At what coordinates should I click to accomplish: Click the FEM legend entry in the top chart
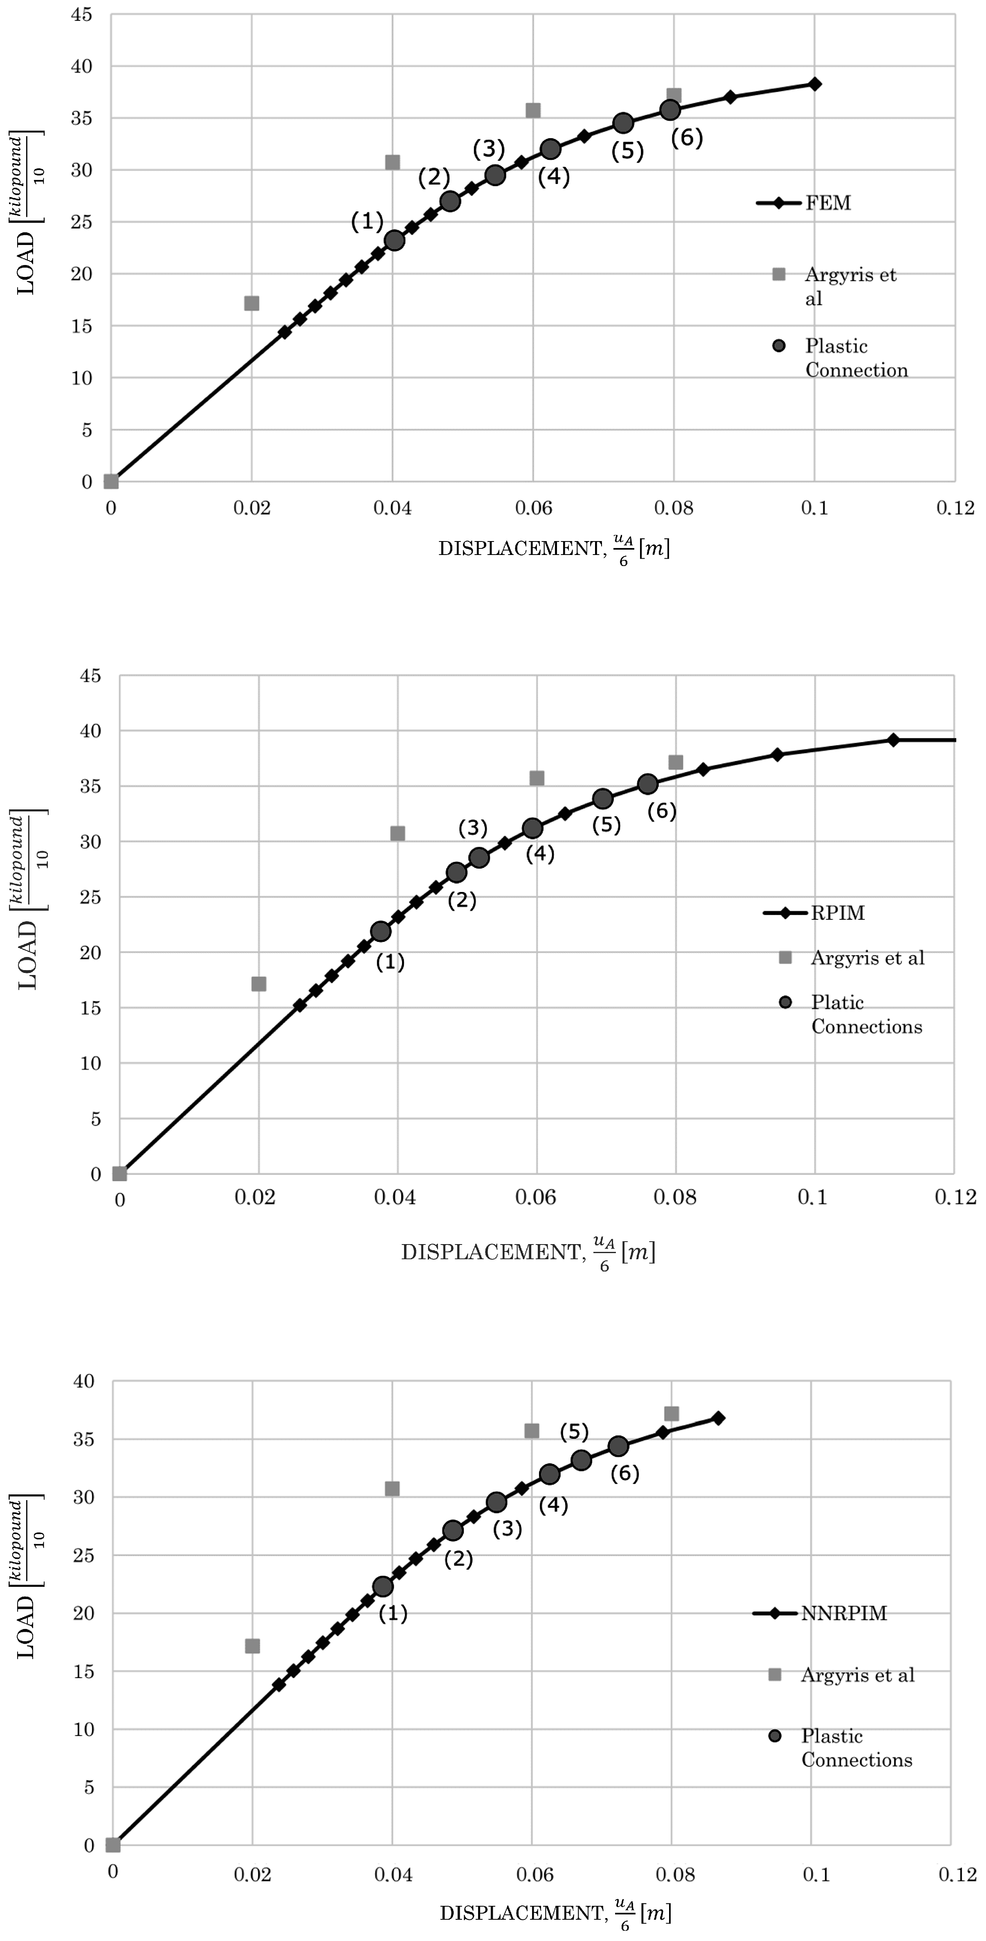(827, 203)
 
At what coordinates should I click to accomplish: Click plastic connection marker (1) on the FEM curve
(394, 240)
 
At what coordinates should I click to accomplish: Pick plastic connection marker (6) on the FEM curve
(669, 110)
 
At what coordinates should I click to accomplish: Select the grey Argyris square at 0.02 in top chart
(252, 303)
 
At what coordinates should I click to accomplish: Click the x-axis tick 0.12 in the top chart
(955, 508)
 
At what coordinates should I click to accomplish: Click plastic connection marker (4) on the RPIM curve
(532, 828)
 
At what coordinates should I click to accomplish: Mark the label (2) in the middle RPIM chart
(462, 900)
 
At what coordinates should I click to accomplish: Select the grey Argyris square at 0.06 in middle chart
(536, 777)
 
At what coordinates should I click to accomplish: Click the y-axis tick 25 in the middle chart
(90, 896)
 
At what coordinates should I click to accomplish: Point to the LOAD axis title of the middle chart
(29, 901)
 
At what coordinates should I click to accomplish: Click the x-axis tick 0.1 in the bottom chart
(816, 1874)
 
